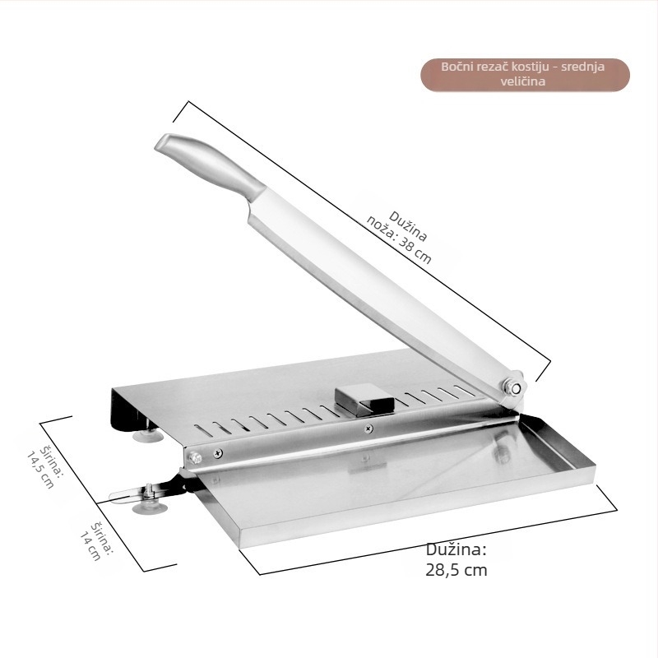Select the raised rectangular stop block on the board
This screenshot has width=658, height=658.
364,399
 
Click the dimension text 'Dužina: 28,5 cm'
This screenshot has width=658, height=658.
456,559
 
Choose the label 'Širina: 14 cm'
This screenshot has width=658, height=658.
96,541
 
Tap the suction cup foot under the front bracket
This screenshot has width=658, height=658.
150,507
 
